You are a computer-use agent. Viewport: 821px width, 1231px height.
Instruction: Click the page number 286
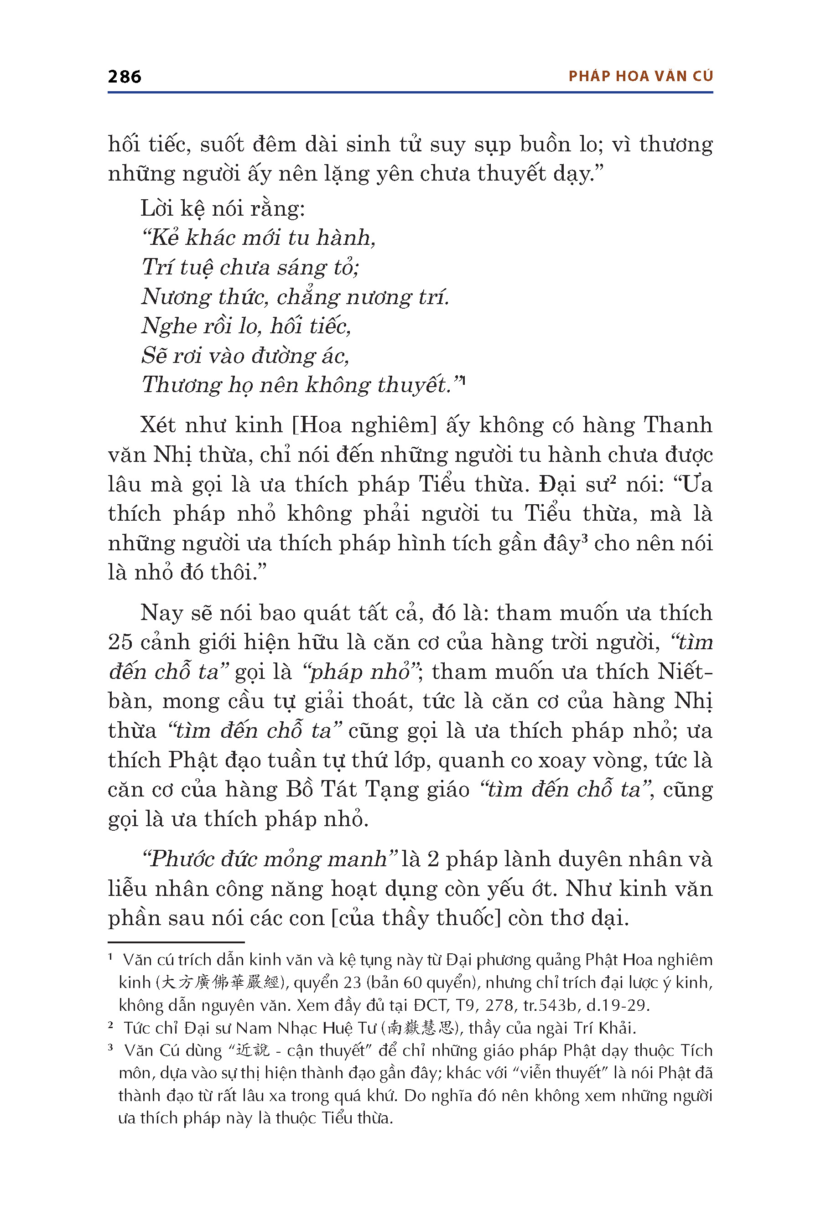pos(124,77)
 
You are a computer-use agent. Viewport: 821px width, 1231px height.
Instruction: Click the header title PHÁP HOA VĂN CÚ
pos(640,77)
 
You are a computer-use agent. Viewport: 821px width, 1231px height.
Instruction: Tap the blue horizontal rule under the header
pos(410,93)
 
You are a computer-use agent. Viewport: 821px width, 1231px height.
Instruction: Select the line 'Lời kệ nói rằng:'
pos(223,209)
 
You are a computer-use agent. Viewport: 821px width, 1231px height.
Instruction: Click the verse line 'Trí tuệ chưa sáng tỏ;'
pos(250,268)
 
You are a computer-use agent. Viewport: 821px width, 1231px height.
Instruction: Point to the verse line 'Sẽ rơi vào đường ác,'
pos(245,356)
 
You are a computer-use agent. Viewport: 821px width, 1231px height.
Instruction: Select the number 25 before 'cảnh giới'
pos(120,642)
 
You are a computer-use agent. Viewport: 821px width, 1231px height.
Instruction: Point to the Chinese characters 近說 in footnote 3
pos(252,1050)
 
